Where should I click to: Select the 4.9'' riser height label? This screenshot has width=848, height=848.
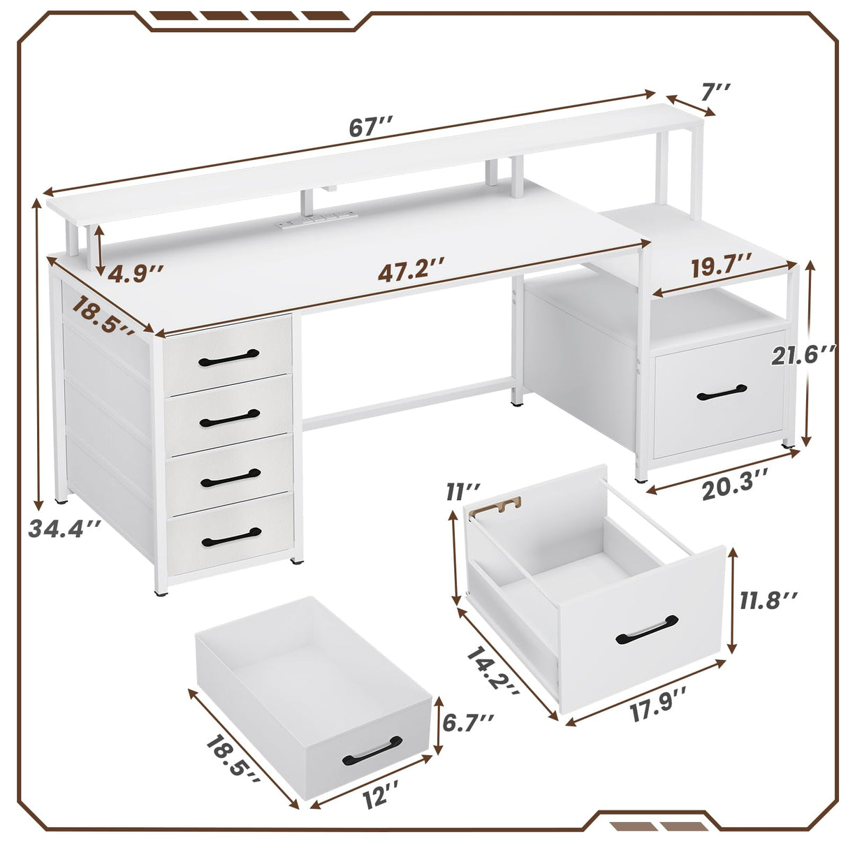click(x=137, y=272)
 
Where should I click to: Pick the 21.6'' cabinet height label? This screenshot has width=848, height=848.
click(x=803, y=356)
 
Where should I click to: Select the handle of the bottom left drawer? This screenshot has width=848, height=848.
click(x=231, y=536)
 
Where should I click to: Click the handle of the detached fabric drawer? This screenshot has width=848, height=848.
click(x=372, y=750)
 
